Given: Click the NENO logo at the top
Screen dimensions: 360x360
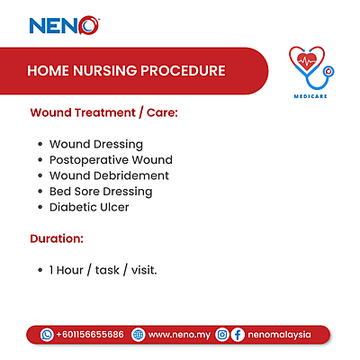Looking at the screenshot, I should [x=64, y=25].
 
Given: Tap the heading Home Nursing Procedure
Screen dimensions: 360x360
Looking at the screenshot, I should [x=126, y=70].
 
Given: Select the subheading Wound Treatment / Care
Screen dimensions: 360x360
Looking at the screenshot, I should [x=104, y=114].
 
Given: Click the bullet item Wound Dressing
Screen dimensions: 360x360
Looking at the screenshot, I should [x=95, y=144].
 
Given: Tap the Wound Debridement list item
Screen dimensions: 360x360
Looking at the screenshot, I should [x=109, y=175].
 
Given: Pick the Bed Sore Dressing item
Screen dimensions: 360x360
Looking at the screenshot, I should [x=101, y=192].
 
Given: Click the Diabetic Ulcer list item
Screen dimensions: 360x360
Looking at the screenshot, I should [x=89, y=207].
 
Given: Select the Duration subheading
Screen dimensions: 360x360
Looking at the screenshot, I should [x=57, y=239].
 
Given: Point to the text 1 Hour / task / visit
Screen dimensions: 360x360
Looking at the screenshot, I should [x=103, y=269].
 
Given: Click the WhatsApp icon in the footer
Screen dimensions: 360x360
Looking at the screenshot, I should [x=47, y=334].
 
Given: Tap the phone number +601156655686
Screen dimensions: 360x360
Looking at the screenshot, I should [x=90, y=334].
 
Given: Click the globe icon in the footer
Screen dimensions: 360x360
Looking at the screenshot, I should [x=137, y=334].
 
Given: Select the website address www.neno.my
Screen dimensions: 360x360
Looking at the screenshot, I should [x=178, y=334].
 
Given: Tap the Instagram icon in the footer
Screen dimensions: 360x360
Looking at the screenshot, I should [x=222, y=334].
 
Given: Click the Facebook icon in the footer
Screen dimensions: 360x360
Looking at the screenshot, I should [x=238, y=334].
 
